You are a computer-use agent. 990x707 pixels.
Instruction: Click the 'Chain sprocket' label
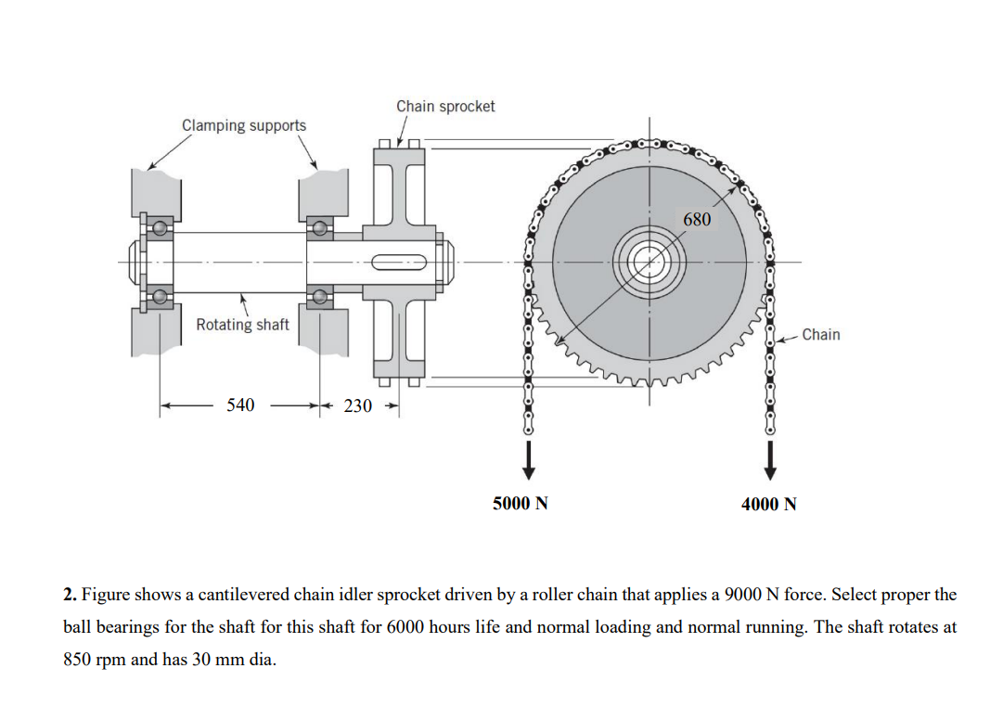445,107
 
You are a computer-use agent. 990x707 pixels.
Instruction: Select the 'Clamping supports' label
243,125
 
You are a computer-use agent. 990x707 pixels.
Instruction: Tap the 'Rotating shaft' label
242,325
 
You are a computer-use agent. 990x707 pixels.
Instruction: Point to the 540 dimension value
240,405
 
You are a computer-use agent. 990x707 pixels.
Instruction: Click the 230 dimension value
358,405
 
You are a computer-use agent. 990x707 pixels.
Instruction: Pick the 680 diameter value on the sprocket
697,220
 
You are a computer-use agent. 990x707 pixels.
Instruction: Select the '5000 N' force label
520,504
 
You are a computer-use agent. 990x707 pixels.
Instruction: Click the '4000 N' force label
768,504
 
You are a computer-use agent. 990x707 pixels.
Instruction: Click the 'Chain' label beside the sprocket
820,334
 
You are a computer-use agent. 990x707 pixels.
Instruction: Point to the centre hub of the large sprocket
649,262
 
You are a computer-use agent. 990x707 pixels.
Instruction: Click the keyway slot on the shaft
399,262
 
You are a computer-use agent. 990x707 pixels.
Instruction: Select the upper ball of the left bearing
161,227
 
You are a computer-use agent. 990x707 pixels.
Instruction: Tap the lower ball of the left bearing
161,297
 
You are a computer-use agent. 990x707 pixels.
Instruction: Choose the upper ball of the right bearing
320,227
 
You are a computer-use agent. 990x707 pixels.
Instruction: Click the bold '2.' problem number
70,594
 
